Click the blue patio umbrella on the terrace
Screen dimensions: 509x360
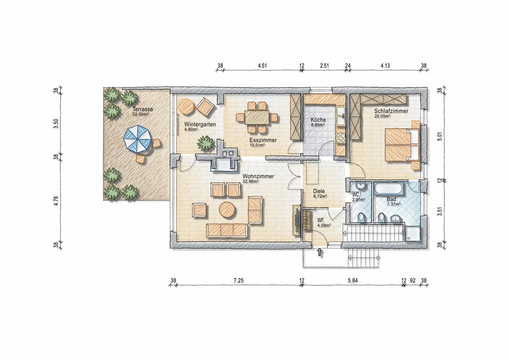137,139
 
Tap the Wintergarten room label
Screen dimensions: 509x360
200,124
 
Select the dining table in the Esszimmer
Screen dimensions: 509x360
257,117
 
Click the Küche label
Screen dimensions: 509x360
319,120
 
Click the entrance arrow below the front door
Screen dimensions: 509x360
320,253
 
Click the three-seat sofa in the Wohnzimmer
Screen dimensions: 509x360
227,231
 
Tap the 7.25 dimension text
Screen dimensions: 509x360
238,281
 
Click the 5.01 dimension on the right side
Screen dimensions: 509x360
440,136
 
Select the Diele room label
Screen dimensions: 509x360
319,191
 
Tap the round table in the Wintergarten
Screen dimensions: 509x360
186,107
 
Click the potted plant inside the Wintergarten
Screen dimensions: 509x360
206,143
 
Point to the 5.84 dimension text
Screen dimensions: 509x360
352,281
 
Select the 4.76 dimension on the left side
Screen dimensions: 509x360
56,200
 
